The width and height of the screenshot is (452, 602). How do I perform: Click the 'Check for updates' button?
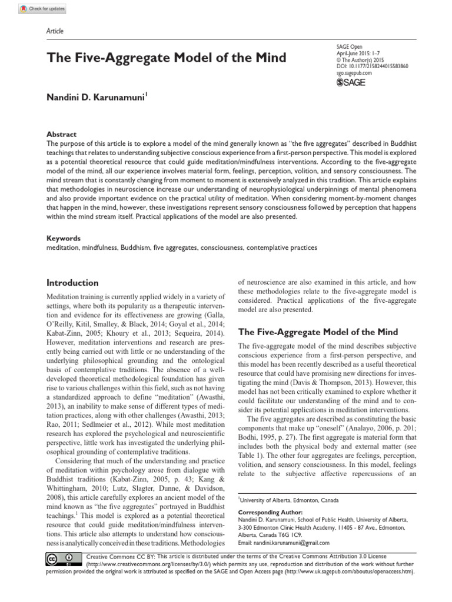pos(42,9)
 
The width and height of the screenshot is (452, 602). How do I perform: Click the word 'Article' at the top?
pos(54,31)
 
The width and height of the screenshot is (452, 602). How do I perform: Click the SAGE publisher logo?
pos(350,83)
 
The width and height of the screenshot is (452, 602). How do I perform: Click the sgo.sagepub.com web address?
pos(355,73)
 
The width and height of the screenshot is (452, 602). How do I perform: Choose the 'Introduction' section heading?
pos(72,283)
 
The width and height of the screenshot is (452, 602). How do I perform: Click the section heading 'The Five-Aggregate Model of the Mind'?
pos(317,332)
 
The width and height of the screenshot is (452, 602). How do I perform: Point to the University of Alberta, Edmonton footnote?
pos(288,500)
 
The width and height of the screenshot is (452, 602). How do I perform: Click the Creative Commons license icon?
pos(61,558)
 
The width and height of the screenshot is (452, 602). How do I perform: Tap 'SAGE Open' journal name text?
pos(350,46)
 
